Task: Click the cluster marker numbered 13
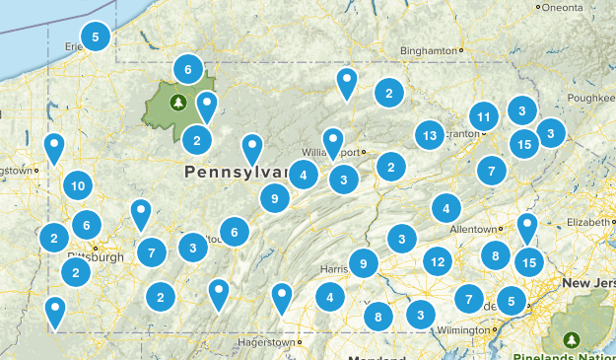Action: [429, 135]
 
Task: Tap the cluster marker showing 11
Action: [483, 117]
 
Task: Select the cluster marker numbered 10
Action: [78, 184]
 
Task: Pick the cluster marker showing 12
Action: [438, 261]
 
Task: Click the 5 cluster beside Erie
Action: [96, 37]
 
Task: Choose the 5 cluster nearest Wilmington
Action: [512, 300]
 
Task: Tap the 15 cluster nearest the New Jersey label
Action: [529, 262]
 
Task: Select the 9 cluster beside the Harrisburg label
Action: [364, 262]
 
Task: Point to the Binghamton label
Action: [430, 50]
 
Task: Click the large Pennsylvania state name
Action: [235, 173]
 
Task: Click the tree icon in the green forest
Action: [177, 102]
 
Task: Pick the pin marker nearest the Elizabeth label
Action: [528, 226]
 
